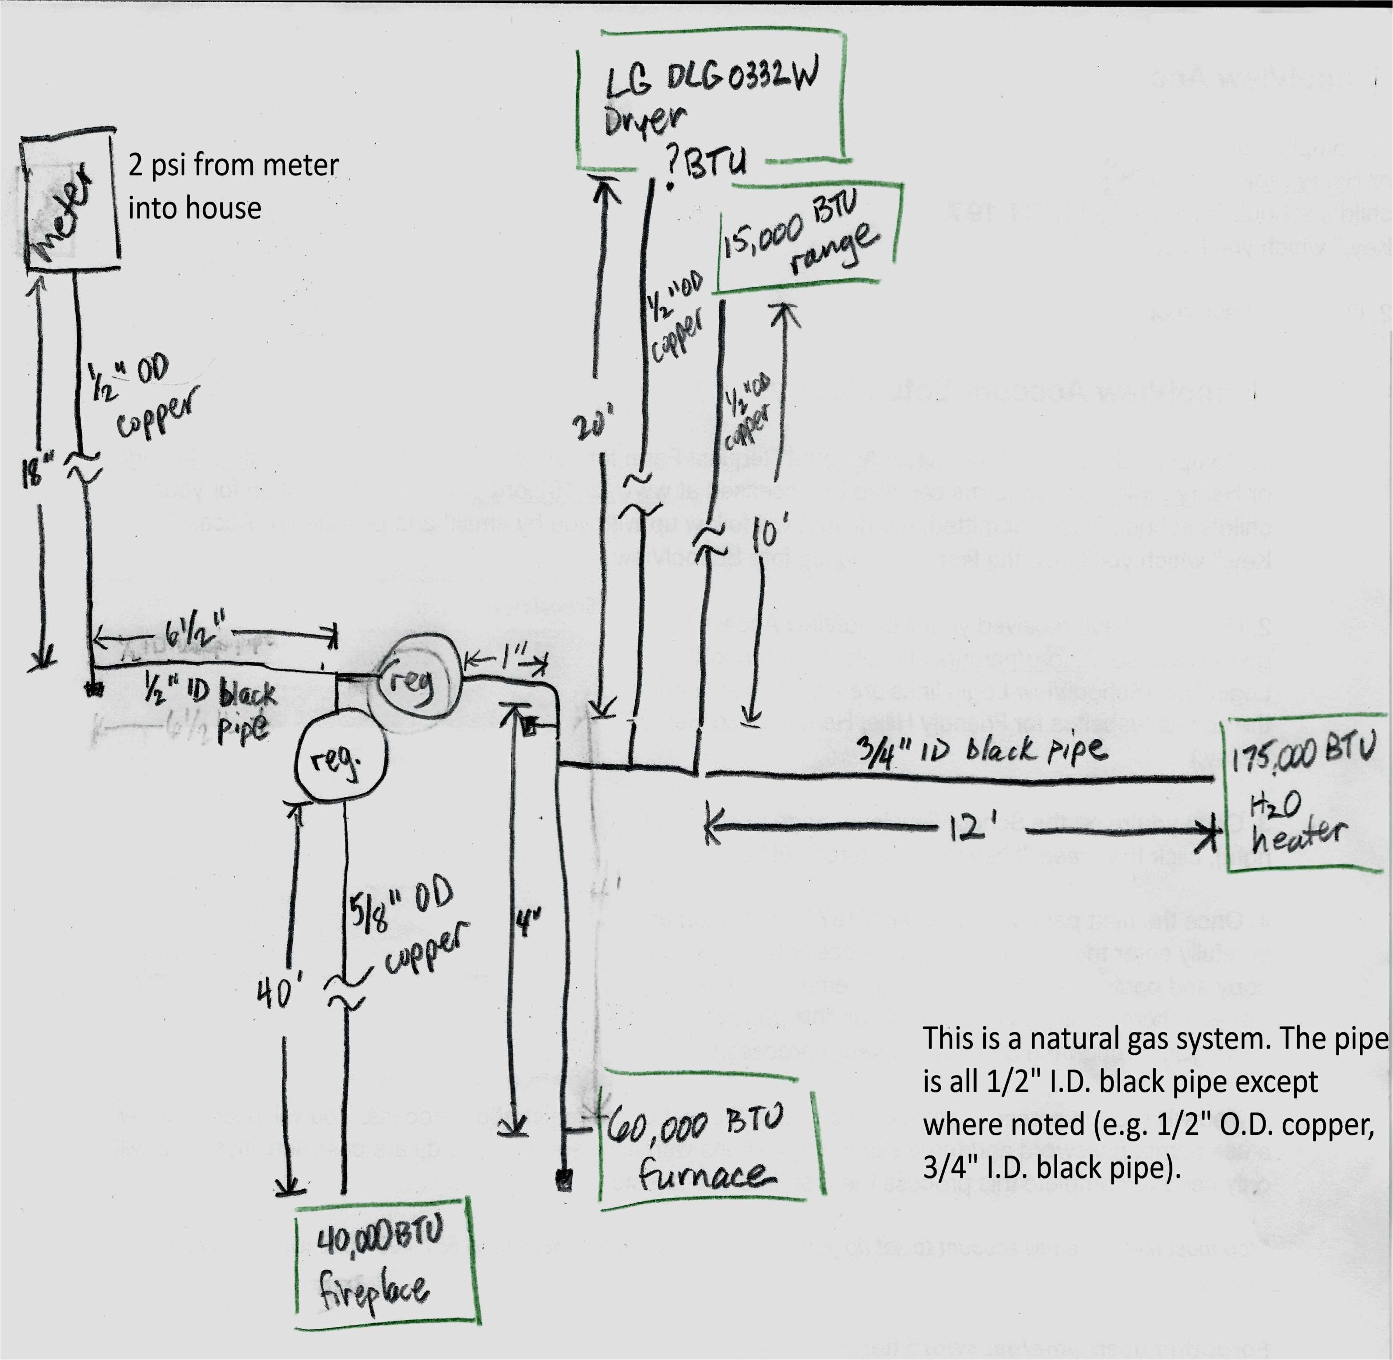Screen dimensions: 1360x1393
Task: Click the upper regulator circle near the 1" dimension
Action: pyautogui.click(x=416, y=682)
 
